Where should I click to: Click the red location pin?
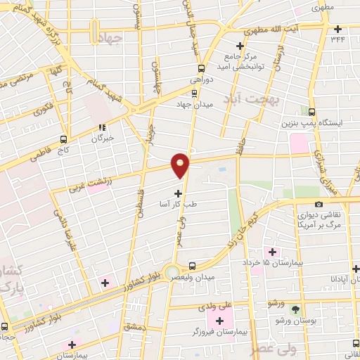pyautogui.click(x=181, y=165)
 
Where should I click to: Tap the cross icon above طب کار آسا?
pyautogui.click(x=178, y=193)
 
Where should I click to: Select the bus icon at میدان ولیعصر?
pyautogui.click(x=192, y=266)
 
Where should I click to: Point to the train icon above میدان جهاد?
pyautogui.click(x=195, y=92)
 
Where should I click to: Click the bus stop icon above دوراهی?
pyautogui.click(x=201, y=68)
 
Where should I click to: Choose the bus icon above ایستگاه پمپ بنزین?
pyautogui.click(x=311, y=110)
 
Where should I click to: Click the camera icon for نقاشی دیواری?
pyautogui.click(x=319, y=204)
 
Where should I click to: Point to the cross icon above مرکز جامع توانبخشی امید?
pyautogui.click(x=240, y=46)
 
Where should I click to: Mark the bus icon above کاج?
pyautogui.click(x=64, y=139)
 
